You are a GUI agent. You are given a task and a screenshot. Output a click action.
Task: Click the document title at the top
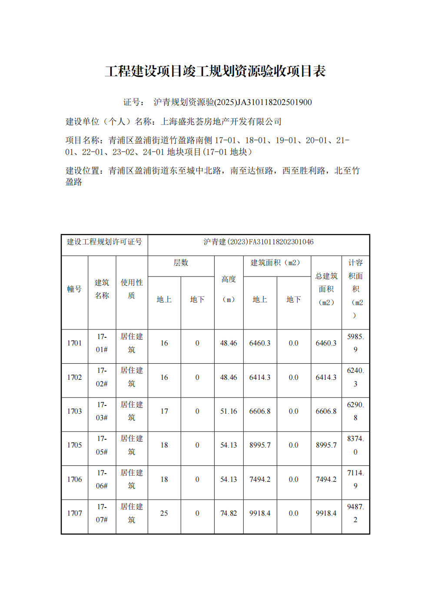(x=215, y=71)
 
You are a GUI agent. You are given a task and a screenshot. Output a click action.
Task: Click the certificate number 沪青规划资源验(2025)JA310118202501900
(x=232, y=102)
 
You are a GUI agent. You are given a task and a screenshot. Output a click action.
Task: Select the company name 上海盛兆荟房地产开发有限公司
(x=221, y=122)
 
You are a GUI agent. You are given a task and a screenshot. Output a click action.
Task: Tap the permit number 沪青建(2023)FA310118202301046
(x=259, y=242)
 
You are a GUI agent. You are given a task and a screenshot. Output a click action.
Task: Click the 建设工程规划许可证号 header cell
(x=104, y=242)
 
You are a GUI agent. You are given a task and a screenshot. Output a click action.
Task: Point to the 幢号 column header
(x=74, y=289)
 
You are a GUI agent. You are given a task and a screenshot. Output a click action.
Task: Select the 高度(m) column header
(x=229, y=289)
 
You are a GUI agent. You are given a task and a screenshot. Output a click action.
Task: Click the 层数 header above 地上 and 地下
(x=181, y=263)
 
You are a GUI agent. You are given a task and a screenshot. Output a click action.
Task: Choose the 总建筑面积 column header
(x=326, y=289)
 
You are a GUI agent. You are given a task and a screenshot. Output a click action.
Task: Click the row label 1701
(x=74, y=343)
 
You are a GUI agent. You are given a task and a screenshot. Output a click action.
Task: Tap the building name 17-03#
(x=102, y=411)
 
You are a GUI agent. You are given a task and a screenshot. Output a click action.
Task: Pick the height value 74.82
(x=229, y=514)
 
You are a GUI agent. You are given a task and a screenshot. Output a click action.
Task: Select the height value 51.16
(x=229, y=411)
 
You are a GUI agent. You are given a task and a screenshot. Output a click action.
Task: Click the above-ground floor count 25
(x=164, y=514)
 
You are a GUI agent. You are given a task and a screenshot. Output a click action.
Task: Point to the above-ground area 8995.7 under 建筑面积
(x=260, y=445)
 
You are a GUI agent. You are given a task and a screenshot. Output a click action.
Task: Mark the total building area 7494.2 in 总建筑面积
(x=326, y=480)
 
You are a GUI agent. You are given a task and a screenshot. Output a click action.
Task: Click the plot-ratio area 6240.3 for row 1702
(x=355, y=377)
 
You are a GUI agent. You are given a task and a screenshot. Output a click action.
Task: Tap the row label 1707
(x=74, y=514)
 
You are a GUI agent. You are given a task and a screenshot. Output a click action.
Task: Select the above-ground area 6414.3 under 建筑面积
(x=260, y=378)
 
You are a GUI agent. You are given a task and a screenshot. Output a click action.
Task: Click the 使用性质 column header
(x=132, y=289)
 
